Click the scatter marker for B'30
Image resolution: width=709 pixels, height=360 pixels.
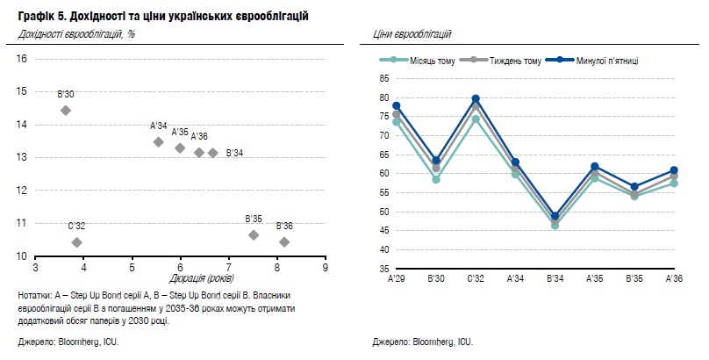pos(65,111)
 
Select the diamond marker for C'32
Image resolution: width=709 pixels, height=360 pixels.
pos(76,242)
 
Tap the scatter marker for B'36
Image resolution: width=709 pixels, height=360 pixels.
pos(283,242)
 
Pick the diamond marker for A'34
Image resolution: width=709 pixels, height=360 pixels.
pos(158,141)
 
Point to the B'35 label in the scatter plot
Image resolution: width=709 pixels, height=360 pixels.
pos(254,220)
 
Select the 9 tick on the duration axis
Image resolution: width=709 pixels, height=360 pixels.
pos(326,267)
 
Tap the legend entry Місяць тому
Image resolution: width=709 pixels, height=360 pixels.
pos(419,60)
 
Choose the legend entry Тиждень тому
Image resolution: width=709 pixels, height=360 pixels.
pos(515,60)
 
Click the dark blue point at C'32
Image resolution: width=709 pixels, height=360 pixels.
pos(476,98)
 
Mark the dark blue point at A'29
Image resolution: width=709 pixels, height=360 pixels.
pos(397,106)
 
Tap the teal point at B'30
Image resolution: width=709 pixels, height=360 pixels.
pos(436,179)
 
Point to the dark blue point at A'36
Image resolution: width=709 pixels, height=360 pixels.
pos(674,170)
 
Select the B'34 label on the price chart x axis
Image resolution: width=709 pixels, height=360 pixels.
pos(555,278)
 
